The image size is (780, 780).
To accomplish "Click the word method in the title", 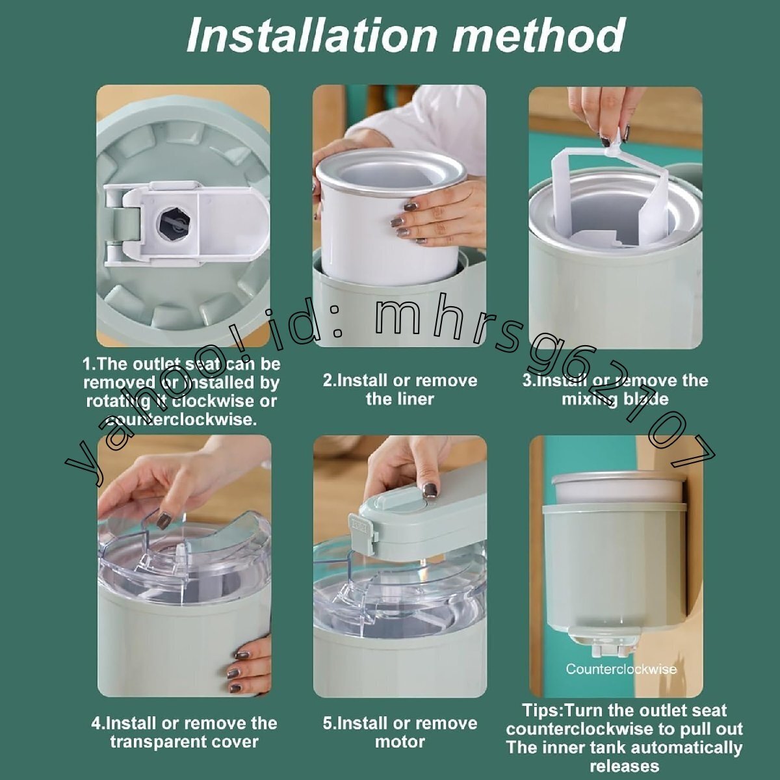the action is click(538, 35).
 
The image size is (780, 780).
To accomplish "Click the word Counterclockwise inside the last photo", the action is click(621, 669).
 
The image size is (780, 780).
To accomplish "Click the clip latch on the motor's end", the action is click(363, 532).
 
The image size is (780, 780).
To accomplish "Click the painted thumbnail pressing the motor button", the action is click(429, 490).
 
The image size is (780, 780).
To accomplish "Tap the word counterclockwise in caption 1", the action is click(181, 420).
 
